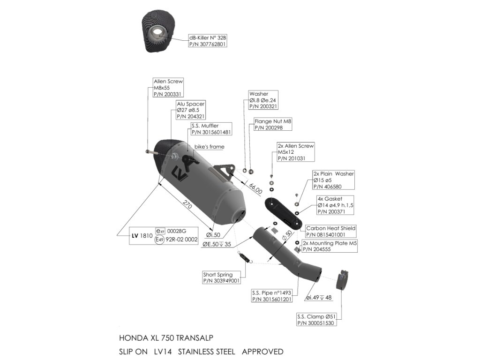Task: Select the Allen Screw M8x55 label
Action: click(168, 88)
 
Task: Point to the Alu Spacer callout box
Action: click(191, 110)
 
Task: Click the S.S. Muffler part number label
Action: click(211, 129)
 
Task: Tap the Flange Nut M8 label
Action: click(273, 124)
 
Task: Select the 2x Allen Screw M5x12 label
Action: click(295, 152)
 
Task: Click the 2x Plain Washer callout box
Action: click(334, 180)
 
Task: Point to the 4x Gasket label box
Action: click(336, 205)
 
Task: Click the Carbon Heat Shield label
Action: click(330, 231)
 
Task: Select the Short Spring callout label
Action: click(221, 277)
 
